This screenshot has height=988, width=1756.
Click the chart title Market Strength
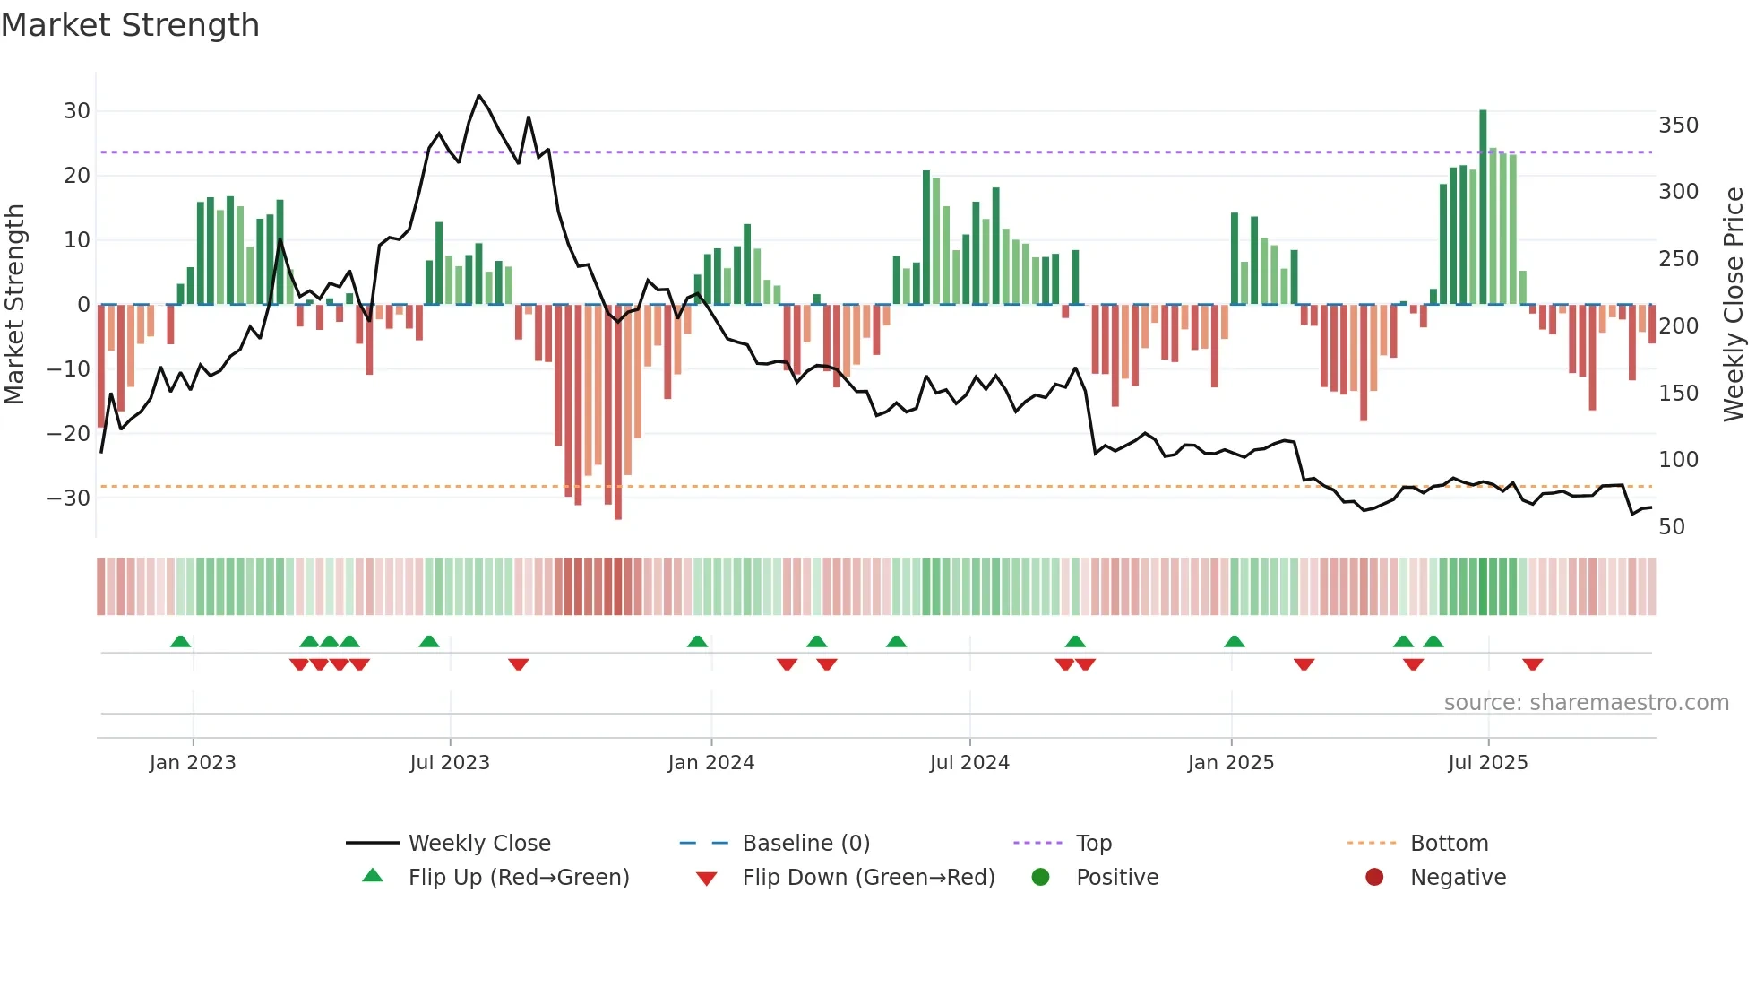pos(130,25)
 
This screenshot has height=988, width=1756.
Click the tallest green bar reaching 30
pos(1483,206)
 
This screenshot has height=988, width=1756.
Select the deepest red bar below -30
pos(618,412)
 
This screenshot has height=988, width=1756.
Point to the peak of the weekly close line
pos(478,96)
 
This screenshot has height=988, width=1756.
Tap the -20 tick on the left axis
pos(69,434)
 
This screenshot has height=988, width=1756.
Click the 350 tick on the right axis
pos(1678,126)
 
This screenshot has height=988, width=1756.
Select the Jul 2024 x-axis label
pos(969,763)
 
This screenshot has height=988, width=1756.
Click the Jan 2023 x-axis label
pos(193,763)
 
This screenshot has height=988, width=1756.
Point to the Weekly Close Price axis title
pos(1734,305)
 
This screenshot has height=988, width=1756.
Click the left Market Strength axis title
pos(14,305)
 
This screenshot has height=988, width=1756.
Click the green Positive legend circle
pos(1040,878)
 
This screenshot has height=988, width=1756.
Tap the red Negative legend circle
pos(1374,878)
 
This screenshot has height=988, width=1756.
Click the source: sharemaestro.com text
pos(1586,703)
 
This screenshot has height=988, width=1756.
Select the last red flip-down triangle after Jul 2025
pos(1532,664)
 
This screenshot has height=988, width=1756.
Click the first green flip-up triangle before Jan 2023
pos(180,641)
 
